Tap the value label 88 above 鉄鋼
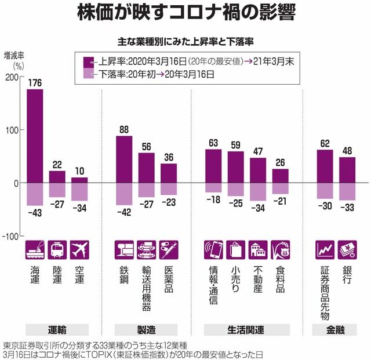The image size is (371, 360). coord(124,130)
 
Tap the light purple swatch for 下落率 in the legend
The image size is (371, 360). coord(88,74)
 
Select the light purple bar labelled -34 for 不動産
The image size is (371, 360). coord(258,191)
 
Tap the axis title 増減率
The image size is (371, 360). coord(14,56)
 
